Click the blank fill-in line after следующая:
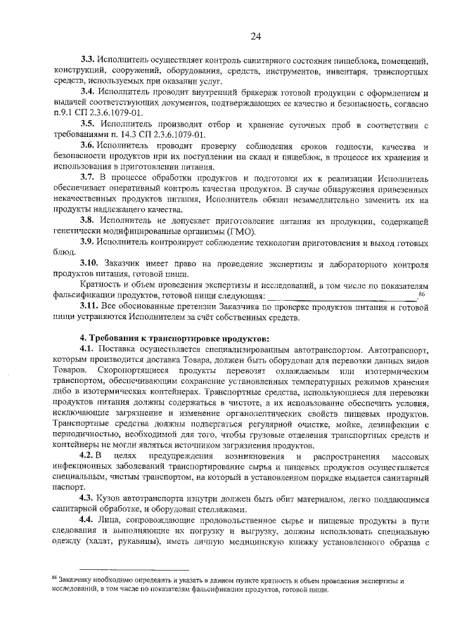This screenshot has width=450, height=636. (x=342, y=296)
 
